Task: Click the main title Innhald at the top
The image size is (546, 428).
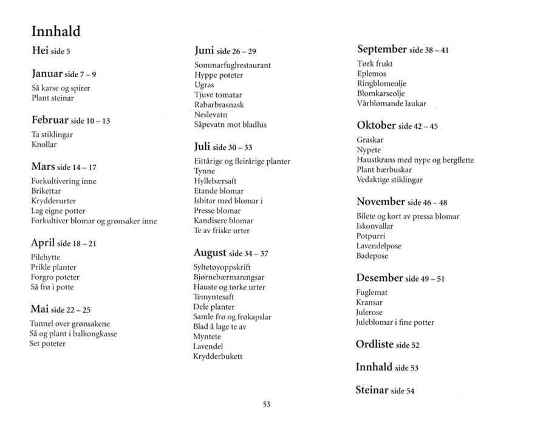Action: pos(56,32)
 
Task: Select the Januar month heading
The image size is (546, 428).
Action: pos(47,73)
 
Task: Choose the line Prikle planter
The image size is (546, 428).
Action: pos(53,267)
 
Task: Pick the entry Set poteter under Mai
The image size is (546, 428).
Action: pos(47,344)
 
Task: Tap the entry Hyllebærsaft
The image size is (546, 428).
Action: pos(215,181)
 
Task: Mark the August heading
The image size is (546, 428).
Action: pos(210,253)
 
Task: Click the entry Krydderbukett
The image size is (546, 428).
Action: pos(217,356)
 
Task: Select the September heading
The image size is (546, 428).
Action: pos(382,50)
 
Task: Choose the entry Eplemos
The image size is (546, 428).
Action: pos(372,73)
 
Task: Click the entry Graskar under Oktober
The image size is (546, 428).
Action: pos(370,140)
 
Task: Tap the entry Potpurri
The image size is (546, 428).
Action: pos(371,236)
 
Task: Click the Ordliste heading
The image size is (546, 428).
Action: pos(374,344)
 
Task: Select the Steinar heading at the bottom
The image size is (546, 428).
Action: pos(372,390)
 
